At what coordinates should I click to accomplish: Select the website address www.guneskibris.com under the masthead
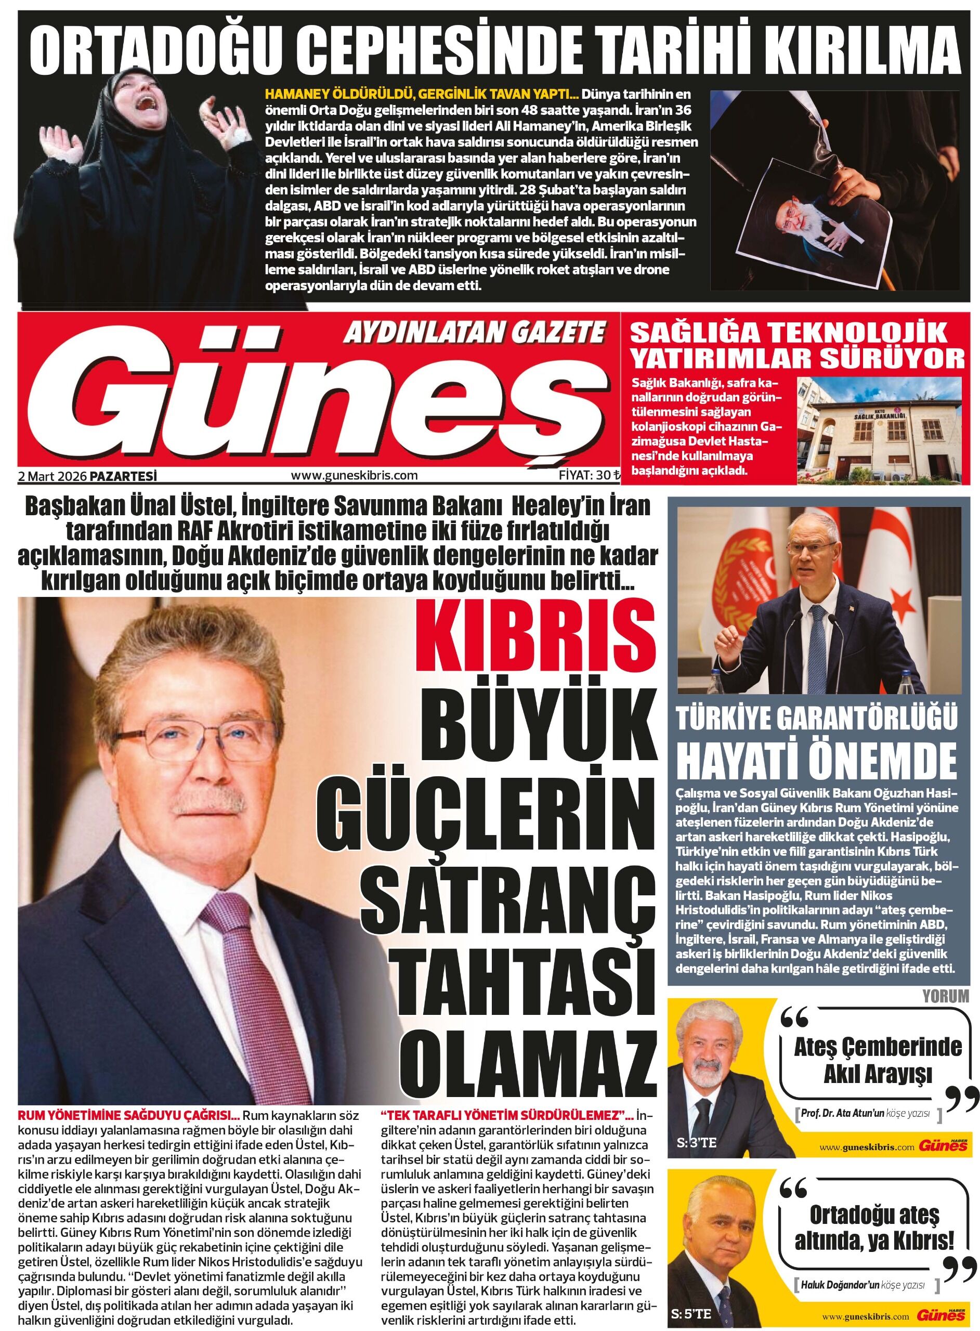[x=354, y=476]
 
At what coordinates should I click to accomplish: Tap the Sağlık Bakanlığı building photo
[x=879, y=429]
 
